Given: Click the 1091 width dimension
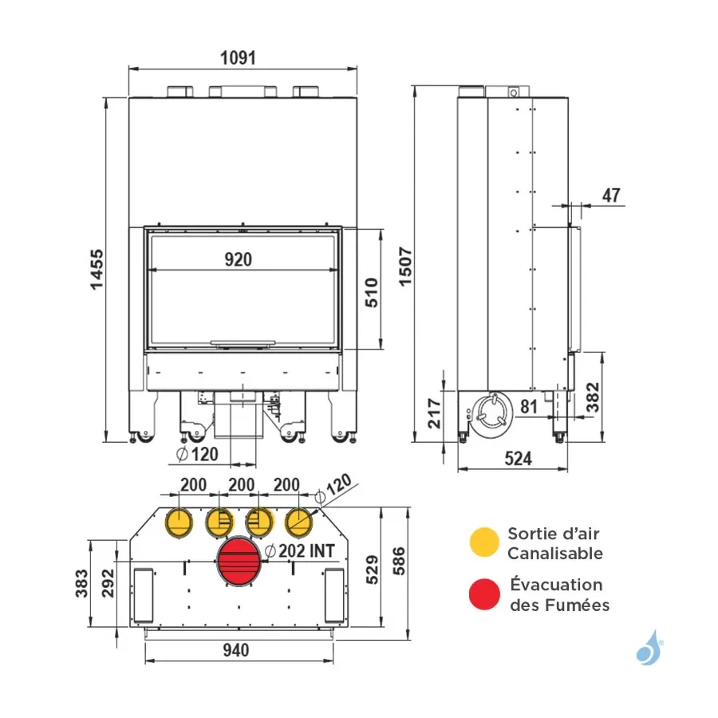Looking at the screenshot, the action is [x=238, y=58].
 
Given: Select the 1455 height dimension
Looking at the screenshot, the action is [x=97, y=270].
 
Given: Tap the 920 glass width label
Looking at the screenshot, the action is [x=238, y=259].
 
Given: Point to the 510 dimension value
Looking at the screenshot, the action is [x=372, y=293].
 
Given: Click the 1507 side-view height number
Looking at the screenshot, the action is [x=406, y=267].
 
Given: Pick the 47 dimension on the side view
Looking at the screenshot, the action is [x=611, y=195].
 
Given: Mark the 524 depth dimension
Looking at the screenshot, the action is [x=519, y=459].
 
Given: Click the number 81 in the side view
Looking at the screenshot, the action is [x=529, y=406].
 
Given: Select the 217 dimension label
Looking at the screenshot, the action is [x=434, y=413].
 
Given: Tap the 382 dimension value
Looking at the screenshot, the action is [x=593, y=397].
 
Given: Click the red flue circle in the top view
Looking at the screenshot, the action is [x=239, y=561].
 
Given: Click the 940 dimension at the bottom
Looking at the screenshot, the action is [x=236, y=650].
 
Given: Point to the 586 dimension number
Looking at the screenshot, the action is [x=399, y=561].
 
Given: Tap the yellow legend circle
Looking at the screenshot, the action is [x=484, y=542].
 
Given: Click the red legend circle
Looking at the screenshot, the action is [x=484, y=594].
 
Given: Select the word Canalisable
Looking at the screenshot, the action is [x=555, y=554].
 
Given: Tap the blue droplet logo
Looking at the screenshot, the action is [x=649, y=648].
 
